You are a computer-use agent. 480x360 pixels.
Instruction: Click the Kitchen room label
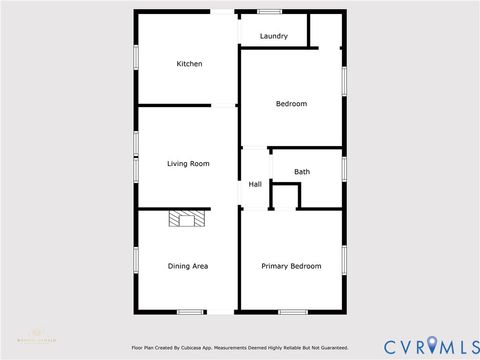pos(190,64)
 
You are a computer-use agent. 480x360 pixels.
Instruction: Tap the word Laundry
pos(274,37)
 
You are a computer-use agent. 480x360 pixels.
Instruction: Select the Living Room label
pos(188,163)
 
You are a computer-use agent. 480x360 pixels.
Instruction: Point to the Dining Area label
pos(188,266)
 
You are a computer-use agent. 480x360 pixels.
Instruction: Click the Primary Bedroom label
pos(291,266)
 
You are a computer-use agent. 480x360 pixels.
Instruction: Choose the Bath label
pos(302,172)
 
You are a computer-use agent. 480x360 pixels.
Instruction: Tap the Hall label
pos(255,184)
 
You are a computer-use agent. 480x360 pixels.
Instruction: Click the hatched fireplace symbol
pos(186,219)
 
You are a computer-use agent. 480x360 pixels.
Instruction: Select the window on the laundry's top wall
pos(270,11)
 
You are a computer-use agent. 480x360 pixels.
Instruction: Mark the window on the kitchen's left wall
pos(137,57)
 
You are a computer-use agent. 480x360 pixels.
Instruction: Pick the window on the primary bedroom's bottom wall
pos(293,312)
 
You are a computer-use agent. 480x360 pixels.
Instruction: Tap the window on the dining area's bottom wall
pos(191,312)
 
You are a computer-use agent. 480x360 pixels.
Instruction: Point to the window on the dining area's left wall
pos(137,259)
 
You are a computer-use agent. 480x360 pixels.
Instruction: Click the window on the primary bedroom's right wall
pos(345,259)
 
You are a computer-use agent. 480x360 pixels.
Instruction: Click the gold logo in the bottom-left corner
pos(32,338)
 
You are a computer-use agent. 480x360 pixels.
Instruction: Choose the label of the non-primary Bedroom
pos(291,104)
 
